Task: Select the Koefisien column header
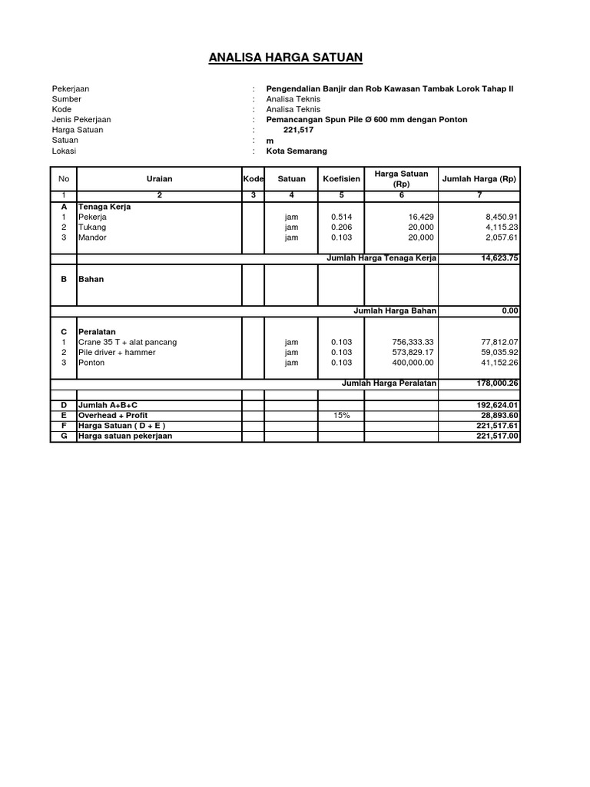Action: pyautogui.click(x=341, y=179)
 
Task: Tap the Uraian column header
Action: pyautogui.click(x=160, y=179)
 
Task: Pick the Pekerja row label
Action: pyautogui.click(x=92, y=218)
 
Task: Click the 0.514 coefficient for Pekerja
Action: pyautogui.click(x=340, y=218)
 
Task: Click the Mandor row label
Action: pyautogui.click(x=92, y=238)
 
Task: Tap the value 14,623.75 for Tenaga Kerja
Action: pyautogui.click(x=499, y=258)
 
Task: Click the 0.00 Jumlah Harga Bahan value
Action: pyautogui.click(x=511, y=310)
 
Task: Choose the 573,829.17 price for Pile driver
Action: pyautogui.click(x=413, y=352)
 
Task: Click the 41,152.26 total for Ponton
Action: pyautogui.click(x=500, y=363)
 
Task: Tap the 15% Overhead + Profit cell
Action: pyautogui.click(x=340, y=415)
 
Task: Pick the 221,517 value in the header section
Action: pyautogui.click(x=299, y=130)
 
